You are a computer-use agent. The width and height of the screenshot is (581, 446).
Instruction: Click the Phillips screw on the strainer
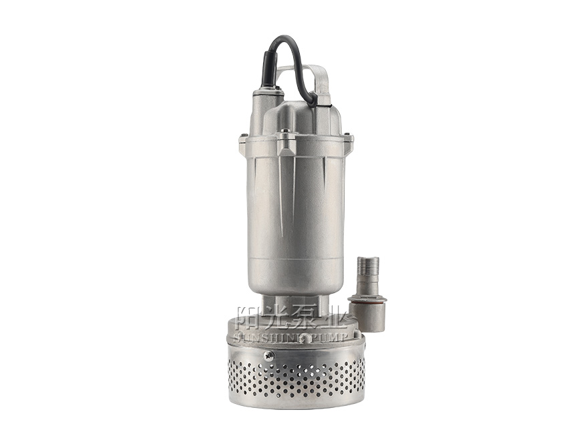pos(268,356)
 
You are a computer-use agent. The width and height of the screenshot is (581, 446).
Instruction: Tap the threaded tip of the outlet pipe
pos(368,266)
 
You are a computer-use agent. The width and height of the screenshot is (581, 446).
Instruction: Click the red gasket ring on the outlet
pos(368,302)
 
